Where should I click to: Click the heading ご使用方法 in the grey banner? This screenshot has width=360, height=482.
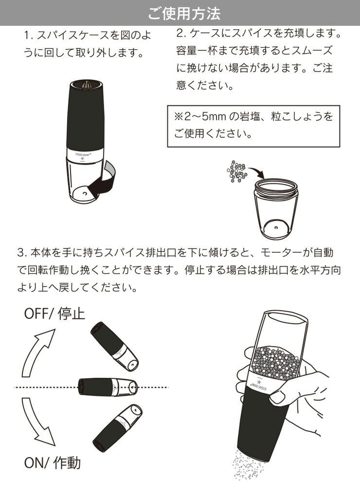pos(184,14)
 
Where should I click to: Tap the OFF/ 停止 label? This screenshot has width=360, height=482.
pos(54,314)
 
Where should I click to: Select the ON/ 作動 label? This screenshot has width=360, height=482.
pos(52,463)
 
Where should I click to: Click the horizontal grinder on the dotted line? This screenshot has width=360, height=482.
pos(108,387)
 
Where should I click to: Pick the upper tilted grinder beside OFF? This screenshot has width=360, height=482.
pos(114,346)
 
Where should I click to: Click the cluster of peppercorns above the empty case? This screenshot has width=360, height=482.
pos(237,171)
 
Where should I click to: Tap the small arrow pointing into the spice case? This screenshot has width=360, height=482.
pos(256,172)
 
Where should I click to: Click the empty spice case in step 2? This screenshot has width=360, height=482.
pos(275,208)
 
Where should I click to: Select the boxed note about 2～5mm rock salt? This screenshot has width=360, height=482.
pos(254,126)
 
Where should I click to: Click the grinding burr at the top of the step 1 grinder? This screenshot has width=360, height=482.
pos(86,84)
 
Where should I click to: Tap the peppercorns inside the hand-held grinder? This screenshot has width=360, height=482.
pos(275,363)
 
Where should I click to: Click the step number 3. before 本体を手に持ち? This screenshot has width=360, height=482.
pos(23,252)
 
